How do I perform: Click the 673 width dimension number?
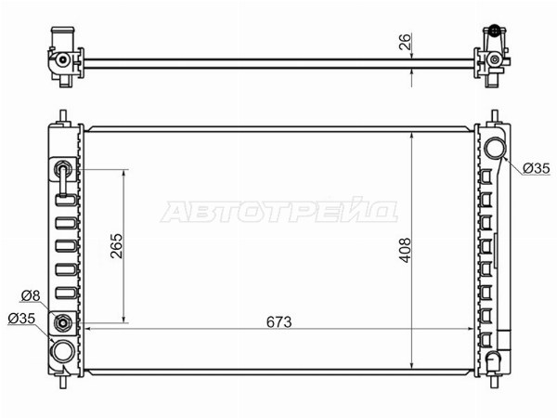click(278, 322)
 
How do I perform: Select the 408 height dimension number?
click(405, 250)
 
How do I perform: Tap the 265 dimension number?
click(117, 245)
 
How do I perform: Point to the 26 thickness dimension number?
click(405, 42)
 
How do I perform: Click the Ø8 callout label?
click(31, 295)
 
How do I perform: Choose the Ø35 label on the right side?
click(536, 168)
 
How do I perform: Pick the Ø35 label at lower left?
click(21, 318)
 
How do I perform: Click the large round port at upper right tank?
click(495, 149)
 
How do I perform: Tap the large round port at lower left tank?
click(63, 351)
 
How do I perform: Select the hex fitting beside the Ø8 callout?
click(63, 323)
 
